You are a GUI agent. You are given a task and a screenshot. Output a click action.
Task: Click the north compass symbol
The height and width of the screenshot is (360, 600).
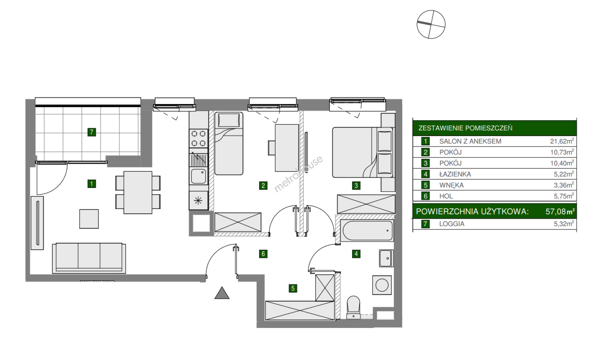[431, 24]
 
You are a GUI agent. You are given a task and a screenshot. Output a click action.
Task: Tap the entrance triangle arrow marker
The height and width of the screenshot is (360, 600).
[222, 293]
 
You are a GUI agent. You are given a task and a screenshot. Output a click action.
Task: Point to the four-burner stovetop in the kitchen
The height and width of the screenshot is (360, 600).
[199, 138]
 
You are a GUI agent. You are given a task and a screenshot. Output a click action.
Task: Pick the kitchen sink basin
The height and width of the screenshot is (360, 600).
[198, 176]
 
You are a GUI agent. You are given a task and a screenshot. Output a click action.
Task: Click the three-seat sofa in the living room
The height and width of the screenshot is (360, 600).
[89, 258]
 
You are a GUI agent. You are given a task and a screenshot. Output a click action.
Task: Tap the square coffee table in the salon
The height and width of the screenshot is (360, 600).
[89, 219]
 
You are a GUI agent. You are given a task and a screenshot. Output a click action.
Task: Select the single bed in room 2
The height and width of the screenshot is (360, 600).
[229, 143]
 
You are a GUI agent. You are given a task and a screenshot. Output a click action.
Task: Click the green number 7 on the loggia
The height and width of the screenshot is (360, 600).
[92, 132]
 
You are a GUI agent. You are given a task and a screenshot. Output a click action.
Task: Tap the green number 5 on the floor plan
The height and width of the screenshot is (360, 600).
[293, 288]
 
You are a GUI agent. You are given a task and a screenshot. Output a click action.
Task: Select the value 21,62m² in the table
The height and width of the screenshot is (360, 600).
[562, 141]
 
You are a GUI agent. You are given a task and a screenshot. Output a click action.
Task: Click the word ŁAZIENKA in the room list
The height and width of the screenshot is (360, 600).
[455, 174]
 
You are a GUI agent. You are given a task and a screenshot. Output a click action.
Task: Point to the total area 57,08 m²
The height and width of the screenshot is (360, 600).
[560, 211]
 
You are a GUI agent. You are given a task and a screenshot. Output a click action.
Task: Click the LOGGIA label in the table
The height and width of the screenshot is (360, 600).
[452, 224]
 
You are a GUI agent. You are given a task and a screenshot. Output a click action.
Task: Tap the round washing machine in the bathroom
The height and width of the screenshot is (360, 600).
[382, 285]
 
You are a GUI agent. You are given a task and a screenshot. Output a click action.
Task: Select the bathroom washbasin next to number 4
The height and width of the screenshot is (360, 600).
[386, 258]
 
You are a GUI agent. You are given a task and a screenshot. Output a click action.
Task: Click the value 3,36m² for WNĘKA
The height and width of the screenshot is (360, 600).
[564, 185]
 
